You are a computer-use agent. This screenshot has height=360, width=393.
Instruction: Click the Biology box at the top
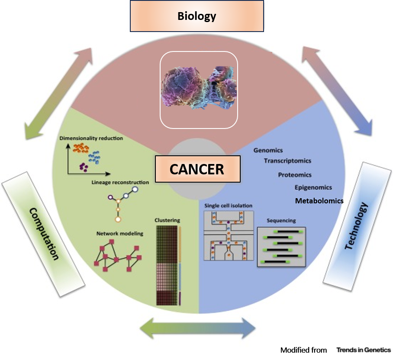(196, 17)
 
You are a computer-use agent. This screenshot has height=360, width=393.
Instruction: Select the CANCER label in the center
(197, 169)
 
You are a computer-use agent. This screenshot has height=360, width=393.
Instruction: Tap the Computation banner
(44, 234)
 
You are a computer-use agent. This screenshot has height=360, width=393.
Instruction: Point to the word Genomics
(268, 151)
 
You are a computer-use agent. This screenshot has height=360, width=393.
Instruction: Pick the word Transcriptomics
(287, 161)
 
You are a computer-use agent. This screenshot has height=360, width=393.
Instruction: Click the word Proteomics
(295, 175)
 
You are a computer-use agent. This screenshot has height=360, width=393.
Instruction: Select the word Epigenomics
(313, 187)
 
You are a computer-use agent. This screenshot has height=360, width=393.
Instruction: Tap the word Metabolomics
(319, 201)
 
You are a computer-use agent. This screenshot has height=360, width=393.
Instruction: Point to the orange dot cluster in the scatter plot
(81, 148)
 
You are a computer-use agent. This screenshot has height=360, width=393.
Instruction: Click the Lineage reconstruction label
(120, 182)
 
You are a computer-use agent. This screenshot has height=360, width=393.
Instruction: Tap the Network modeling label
(119, 234)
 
